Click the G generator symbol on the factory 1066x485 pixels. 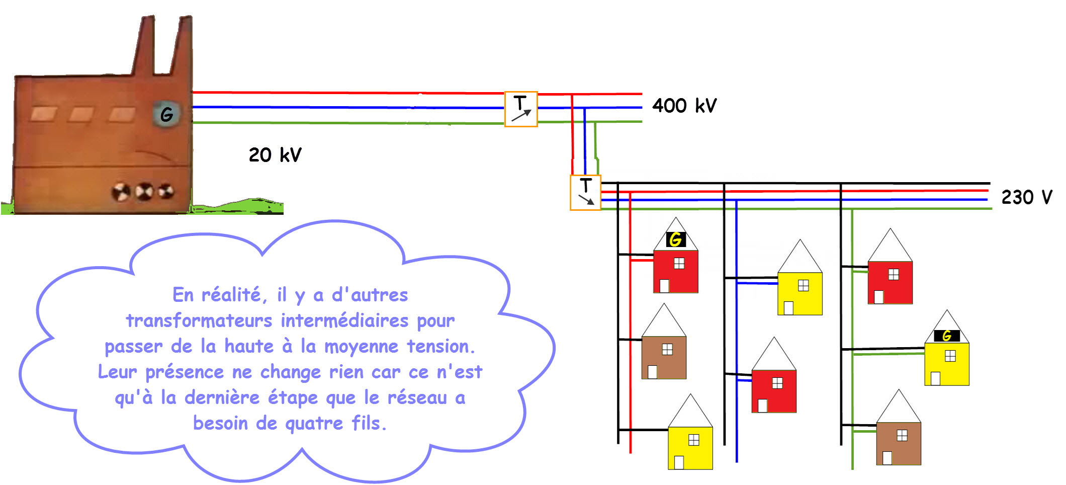pos(166,115)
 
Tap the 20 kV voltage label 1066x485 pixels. pos(275,155)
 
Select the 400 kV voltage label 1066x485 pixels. pos(684,106)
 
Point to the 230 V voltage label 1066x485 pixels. pos(1026,197)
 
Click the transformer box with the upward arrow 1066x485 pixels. pos(521,109)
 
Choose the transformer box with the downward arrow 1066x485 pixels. pos(585,193)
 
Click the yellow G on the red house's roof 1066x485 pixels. pos(676,239)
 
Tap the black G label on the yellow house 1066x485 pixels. pos(947,336)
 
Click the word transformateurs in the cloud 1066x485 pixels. pos(199,320)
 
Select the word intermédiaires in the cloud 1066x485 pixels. pos(344,320)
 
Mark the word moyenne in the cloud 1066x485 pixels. pos(361,346)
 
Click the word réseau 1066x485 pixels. pos(417,398)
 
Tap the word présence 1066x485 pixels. pos(185,372)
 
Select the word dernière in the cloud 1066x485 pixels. pos(222,398)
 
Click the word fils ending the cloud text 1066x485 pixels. pos(368,424)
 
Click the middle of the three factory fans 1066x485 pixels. pos(144,192)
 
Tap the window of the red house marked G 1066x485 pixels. pos(679,264)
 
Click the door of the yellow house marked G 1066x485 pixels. pos(935,378)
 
